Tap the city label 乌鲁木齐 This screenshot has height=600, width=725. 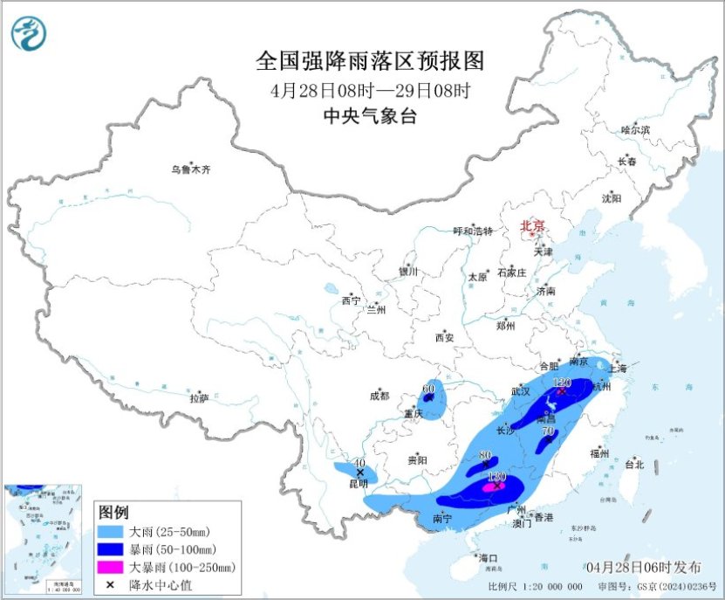pos(190,169)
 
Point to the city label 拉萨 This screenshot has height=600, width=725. pos(199,398)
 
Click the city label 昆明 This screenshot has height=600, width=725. pos(358,483)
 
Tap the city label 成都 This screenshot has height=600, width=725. pos(380,396)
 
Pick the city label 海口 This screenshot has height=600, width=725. pos(488,557)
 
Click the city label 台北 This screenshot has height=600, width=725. pos(633,465)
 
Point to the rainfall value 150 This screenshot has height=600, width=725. pos(496,477)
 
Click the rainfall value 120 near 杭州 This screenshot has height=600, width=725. pos(562,383)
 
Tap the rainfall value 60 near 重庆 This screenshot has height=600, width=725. pos(428,389)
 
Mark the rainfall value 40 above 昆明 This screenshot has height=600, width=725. pos(359,463)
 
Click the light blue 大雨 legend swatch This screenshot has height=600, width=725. pos(112,530)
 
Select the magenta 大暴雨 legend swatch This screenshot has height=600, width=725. pos(112,567)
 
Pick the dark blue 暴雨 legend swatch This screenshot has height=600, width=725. pos(112,548)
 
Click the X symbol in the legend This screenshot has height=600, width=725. pos(111,584)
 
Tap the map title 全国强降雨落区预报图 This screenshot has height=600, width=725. pos(370,61)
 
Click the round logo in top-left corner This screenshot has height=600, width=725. pos(29,33)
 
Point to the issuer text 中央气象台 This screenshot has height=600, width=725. pos(370,115)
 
